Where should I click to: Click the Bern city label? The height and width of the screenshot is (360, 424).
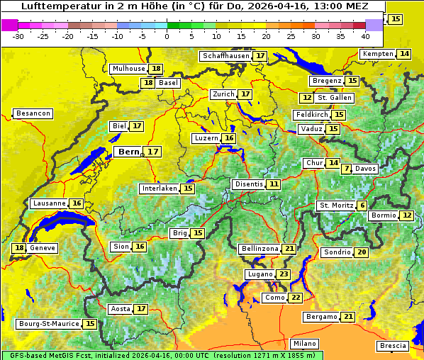point(128,152)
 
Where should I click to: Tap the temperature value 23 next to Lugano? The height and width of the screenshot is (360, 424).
point(284,274)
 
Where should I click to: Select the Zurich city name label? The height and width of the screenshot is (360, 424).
point(223,94)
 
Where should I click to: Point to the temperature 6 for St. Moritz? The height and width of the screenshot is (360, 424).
point(362,206)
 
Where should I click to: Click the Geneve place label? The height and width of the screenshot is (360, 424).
point(43,248)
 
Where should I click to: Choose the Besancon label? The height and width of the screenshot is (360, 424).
point(33,113)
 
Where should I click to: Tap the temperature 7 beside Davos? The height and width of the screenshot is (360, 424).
point(346,169)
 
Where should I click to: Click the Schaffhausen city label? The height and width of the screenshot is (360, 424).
point(225,56)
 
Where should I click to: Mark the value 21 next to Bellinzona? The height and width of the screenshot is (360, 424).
point(289,249)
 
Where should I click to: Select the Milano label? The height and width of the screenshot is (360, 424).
point(305,343)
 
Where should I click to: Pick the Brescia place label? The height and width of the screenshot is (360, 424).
point(393,346)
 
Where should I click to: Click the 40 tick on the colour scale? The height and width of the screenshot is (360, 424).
point(365,35)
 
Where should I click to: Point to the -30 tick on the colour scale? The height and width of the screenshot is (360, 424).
point(18,35)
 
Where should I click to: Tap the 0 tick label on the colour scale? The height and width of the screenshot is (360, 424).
point(167,35)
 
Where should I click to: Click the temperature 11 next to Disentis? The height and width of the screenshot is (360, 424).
point(274,184)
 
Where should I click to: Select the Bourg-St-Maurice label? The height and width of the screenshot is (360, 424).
point(48,324)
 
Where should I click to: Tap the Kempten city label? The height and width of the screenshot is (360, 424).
point(378,54)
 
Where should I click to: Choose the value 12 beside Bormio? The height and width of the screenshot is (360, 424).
point(406,215)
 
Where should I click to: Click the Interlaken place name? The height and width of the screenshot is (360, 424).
point(159,189)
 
